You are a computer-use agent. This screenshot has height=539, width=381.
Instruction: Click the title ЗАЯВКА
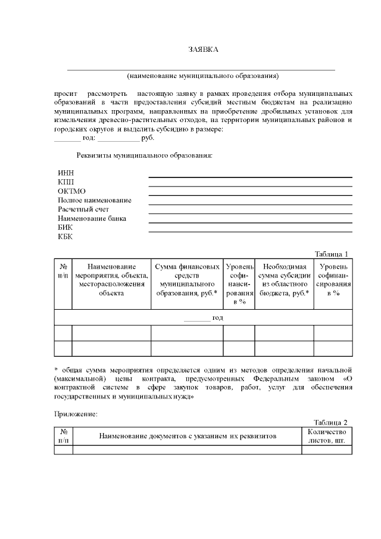(203, 49)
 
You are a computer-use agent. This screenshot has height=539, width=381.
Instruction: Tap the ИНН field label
(65, 173)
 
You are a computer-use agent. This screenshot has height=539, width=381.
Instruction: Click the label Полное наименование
(94, 200)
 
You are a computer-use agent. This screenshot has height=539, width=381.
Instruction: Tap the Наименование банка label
(92, 219)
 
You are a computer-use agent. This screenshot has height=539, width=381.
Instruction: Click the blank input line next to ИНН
(250, 176)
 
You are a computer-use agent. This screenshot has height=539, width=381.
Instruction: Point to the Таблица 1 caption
(331, 254)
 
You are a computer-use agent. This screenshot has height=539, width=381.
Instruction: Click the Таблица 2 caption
(331, 422)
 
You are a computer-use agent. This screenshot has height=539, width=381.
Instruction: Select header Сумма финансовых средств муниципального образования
(187, 280)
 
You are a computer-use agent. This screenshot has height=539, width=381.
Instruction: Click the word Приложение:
(75, 413)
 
